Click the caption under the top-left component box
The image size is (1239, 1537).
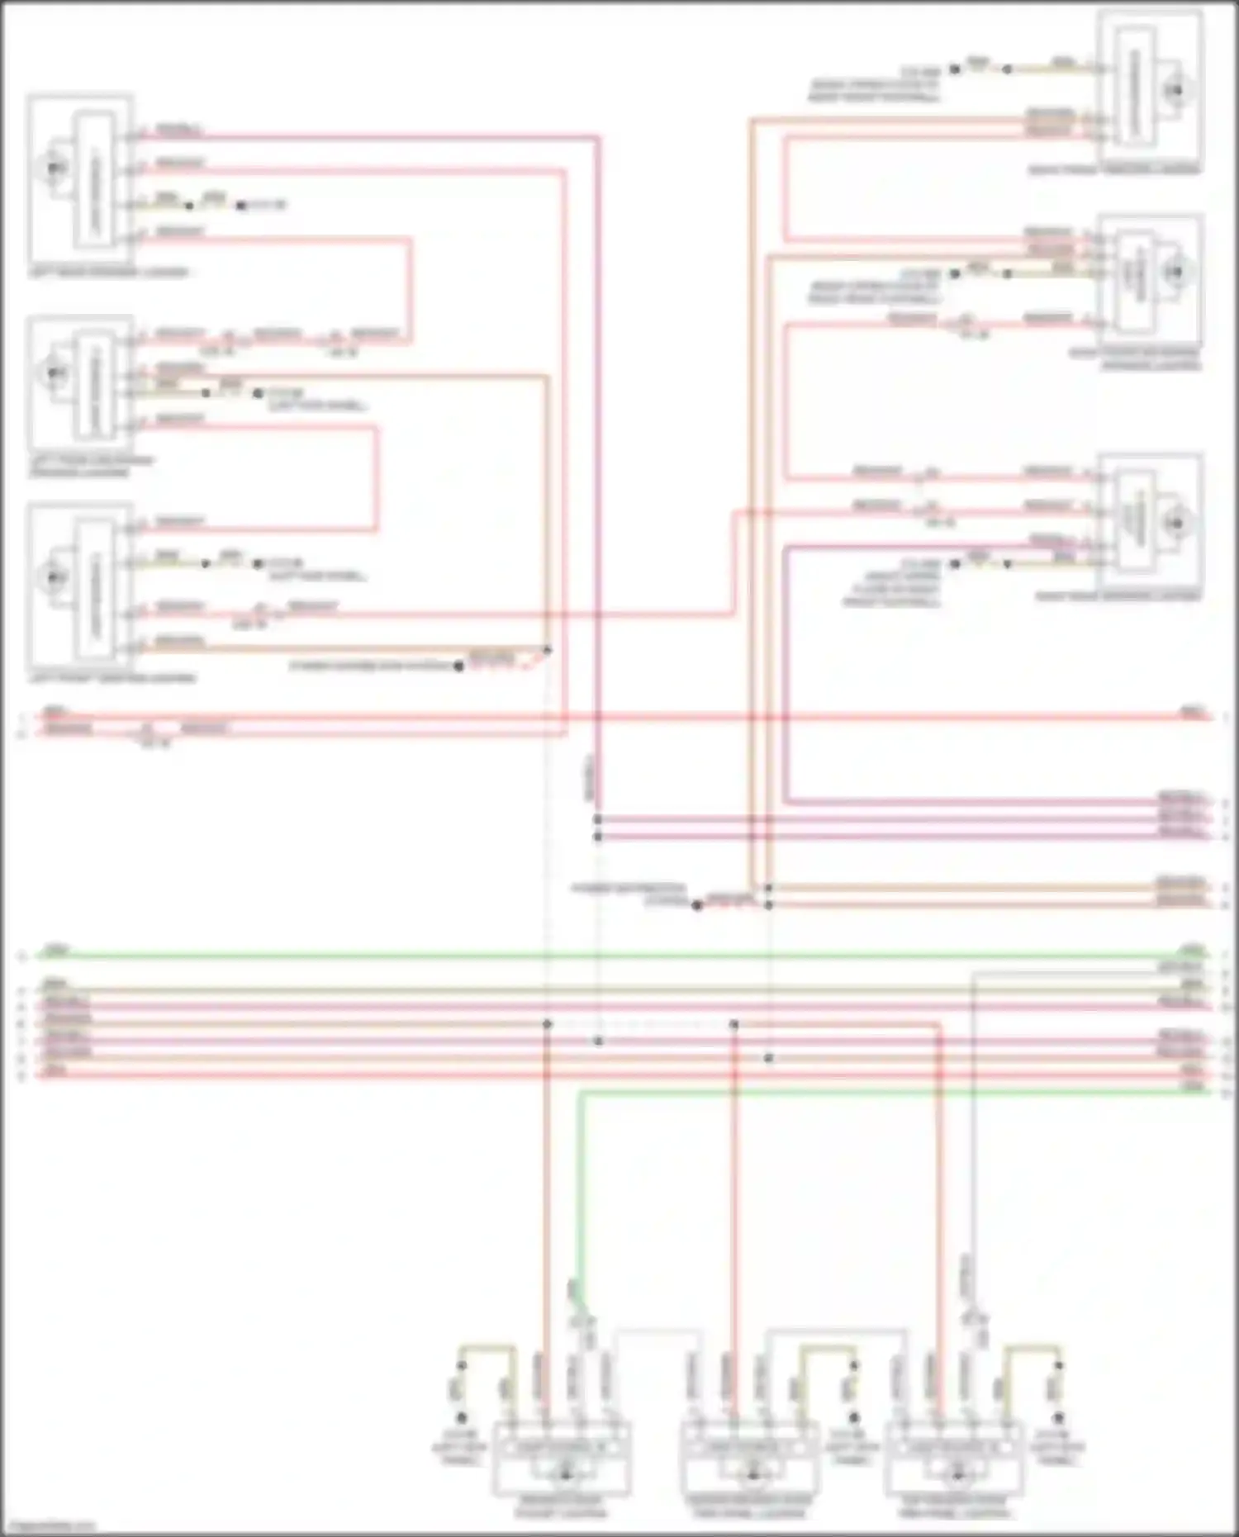tap(108, 272)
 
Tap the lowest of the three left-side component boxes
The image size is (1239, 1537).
tap(81, 586)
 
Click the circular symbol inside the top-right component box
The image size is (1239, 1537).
tap(1176, 89)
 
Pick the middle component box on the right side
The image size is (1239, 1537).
tap(1150, 277)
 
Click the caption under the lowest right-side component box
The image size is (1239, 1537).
tap(1117, 595)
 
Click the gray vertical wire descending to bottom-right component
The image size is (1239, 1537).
tap(973, 1156)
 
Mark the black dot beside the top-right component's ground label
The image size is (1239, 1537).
tap(955, 69)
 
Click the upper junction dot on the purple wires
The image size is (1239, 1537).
tap(598, 819)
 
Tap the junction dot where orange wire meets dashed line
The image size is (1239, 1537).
tap(548, 651)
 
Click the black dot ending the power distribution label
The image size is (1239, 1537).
tap(697, 906)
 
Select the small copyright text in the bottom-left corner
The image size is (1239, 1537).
tap(48, 1529)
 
